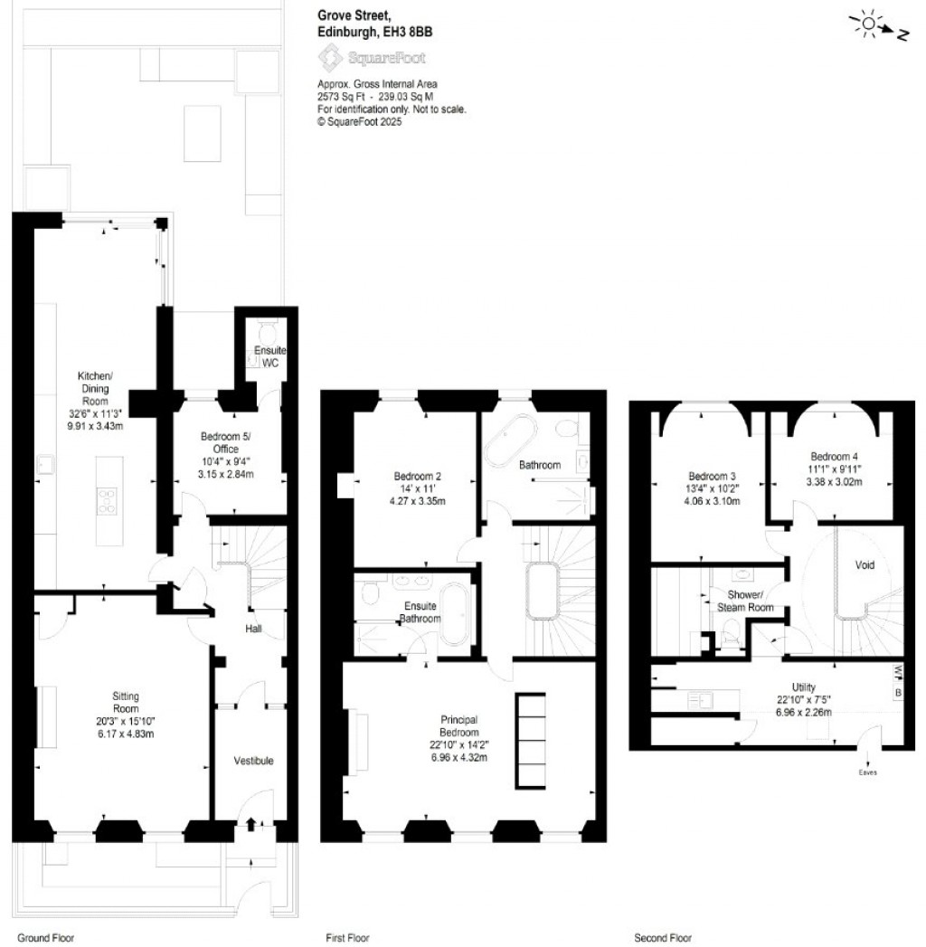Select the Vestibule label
tap(253, 761)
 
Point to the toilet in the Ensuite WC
tap(266, 329)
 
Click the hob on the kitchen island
tap(107, 500)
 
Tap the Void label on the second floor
tap(865, 565)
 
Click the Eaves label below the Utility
tap(867, 772)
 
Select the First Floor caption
tap(348, 938)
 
